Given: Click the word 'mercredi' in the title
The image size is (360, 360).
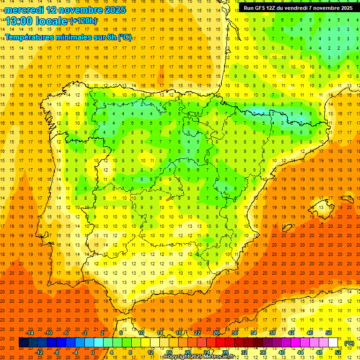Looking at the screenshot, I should pos(24,10).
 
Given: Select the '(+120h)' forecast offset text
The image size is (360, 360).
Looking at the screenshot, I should pos(83,21).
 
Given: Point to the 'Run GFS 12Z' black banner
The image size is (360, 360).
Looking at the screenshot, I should pos(298,8).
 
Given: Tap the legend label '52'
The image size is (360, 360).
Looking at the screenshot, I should pos(338,352).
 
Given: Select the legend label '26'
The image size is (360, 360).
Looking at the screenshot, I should pos(216,333).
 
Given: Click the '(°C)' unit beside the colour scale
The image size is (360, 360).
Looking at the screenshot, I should pos(349,343).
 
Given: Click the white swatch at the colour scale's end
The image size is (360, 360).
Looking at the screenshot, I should pos(333,343).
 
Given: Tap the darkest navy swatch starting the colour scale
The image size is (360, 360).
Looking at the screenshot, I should pos(23,343).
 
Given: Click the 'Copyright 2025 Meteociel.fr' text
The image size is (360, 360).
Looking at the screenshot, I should pos(199,357).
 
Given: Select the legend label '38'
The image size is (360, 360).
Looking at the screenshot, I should pos(272,333).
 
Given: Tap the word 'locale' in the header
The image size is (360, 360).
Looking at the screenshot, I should pos(52,21).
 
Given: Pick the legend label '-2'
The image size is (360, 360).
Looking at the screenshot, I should pos(84,333).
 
